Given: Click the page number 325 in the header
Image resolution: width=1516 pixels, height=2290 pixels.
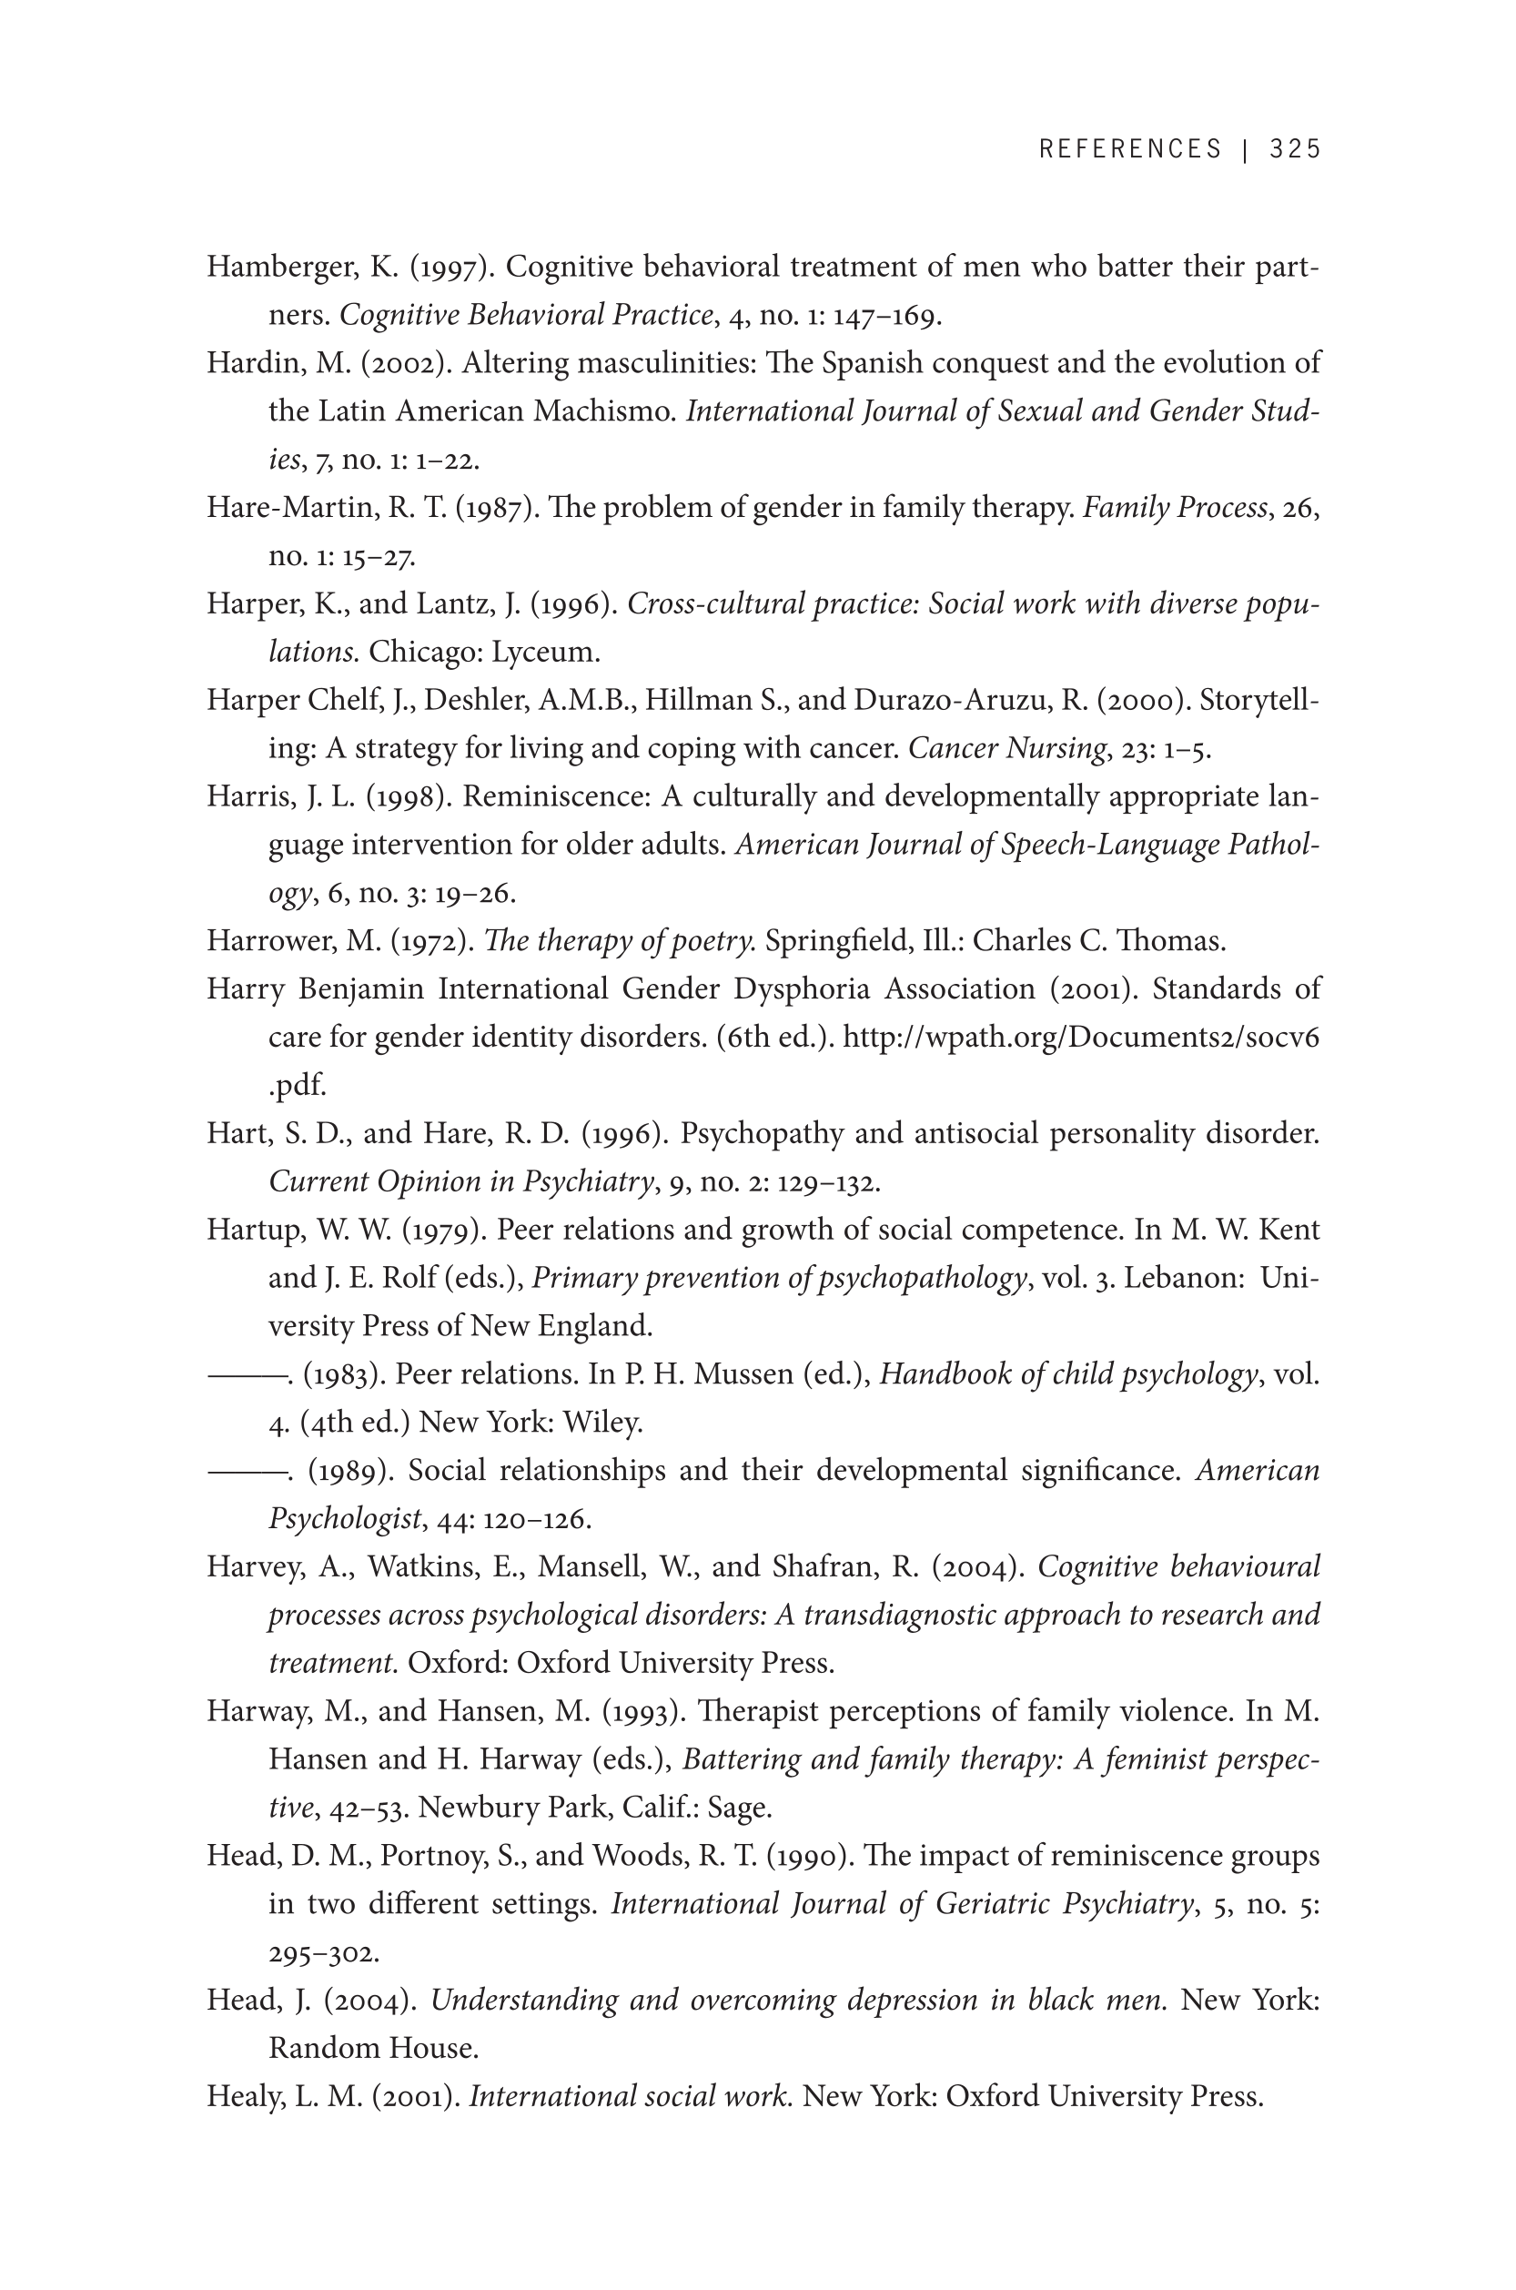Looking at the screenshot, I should pyautogui.click(x=1295, y=149).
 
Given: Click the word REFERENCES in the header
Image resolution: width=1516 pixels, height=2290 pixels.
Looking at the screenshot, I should pyautogui.click(x=1130, y=149).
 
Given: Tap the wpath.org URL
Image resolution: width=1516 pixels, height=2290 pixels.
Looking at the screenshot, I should pyautogui.click(x=1081, y=1038).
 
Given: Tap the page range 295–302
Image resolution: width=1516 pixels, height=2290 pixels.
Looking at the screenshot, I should pyautogui.click(x=323, y=1953).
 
